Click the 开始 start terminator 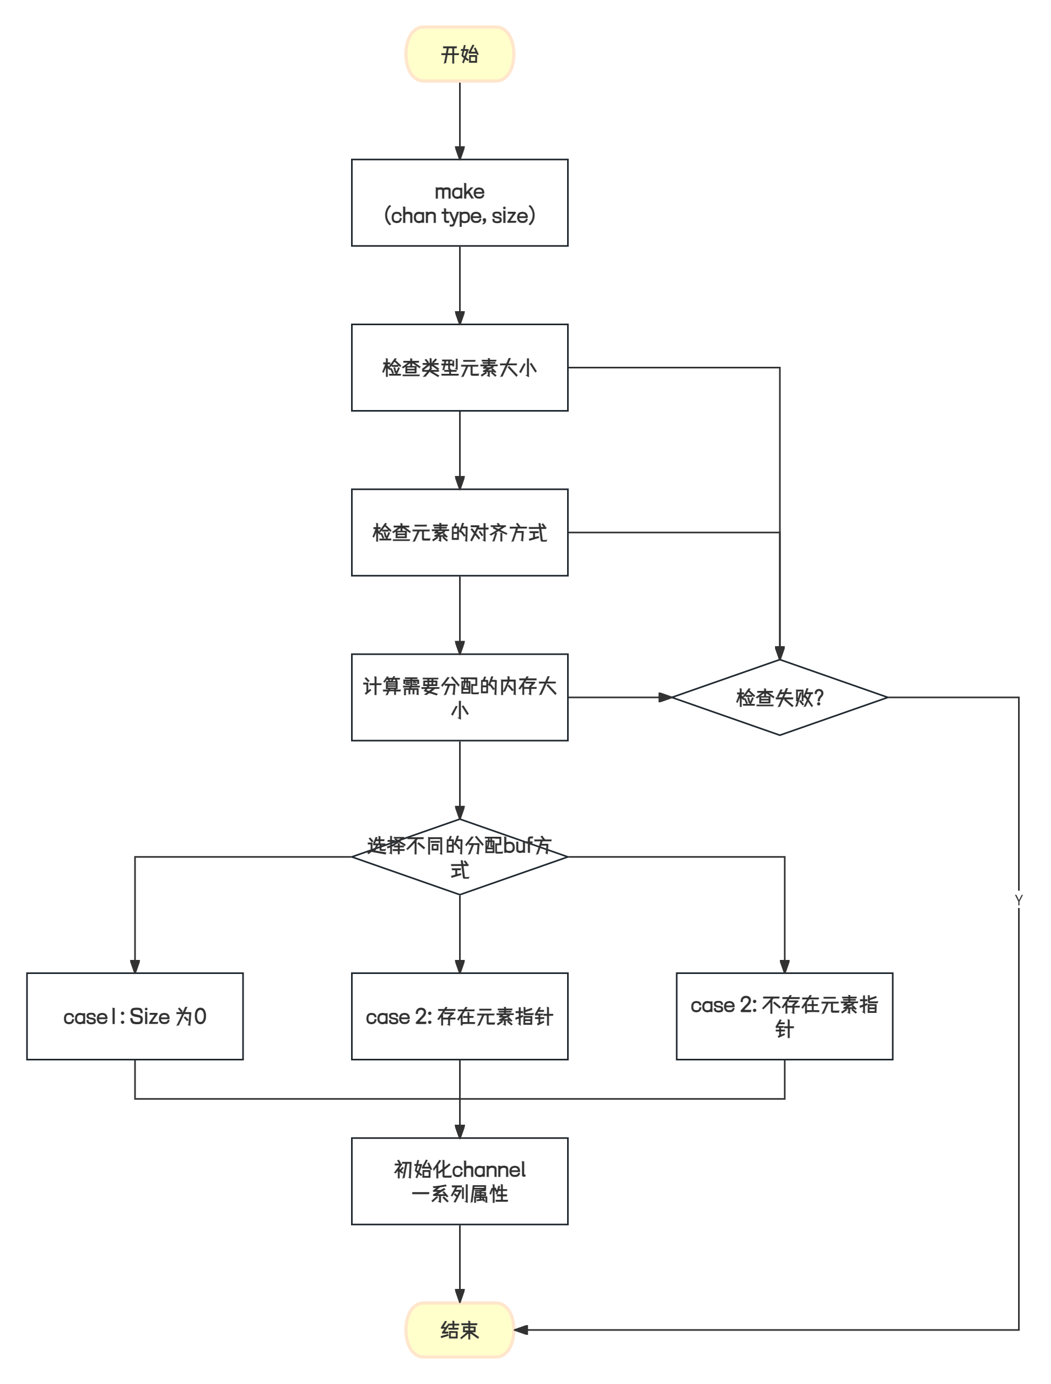[460, 55]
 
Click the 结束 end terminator [460, 1329]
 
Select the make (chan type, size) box [460, 203]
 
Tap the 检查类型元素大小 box [460, 367]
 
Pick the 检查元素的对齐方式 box [460, 533]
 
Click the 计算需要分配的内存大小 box [460, 697]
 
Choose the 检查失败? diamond [779, 697]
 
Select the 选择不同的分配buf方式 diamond [460, 857]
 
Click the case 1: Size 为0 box [134, 1016]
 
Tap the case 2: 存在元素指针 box [460, 1016]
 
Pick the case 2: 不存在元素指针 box [785, 1016]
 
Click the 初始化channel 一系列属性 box [460, 1181]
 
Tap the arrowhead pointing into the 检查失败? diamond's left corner [665, 697]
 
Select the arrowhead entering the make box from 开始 [460, 153]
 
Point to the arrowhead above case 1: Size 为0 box [134, 966]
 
